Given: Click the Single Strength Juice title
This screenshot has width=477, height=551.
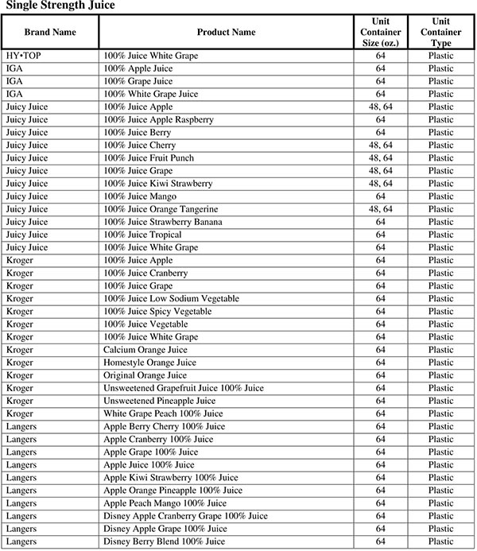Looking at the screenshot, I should coord(60,6).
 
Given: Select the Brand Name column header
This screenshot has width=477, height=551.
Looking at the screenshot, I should coord(49,33).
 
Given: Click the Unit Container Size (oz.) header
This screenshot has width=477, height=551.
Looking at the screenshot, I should coord(380,33).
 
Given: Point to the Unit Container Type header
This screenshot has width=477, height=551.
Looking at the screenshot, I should coord(440,33).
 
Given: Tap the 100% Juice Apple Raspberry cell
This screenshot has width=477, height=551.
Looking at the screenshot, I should coord(158,120).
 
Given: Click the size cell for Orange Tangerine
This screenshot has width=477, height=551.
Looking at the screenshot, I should coord(380,209).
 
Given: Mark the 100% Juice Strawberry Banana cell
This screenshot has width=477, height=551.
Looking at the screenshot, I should coord(162,222).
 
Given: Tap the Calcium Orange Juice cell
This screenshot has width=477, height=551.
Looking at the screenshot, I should coord(145,350).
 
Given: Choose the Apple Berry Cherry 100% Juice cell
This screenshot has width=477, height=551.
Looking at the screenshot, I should coord(164,426).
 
